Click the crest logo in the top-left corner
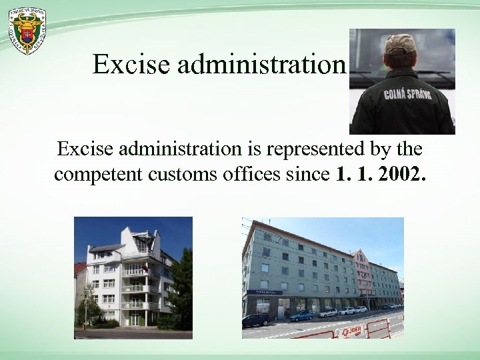(x=27, y=31)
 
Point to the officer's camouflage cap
(x=399, y=43)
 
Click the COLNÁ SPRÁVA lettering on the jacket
(x=407, y=93)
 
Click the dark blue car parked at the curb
(x=257, y=320)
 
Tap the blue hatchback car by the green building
(x=301, y=315)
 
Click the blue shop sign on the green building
(x=263, y=292)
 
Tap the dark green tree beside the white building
(x=181, y=287)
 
